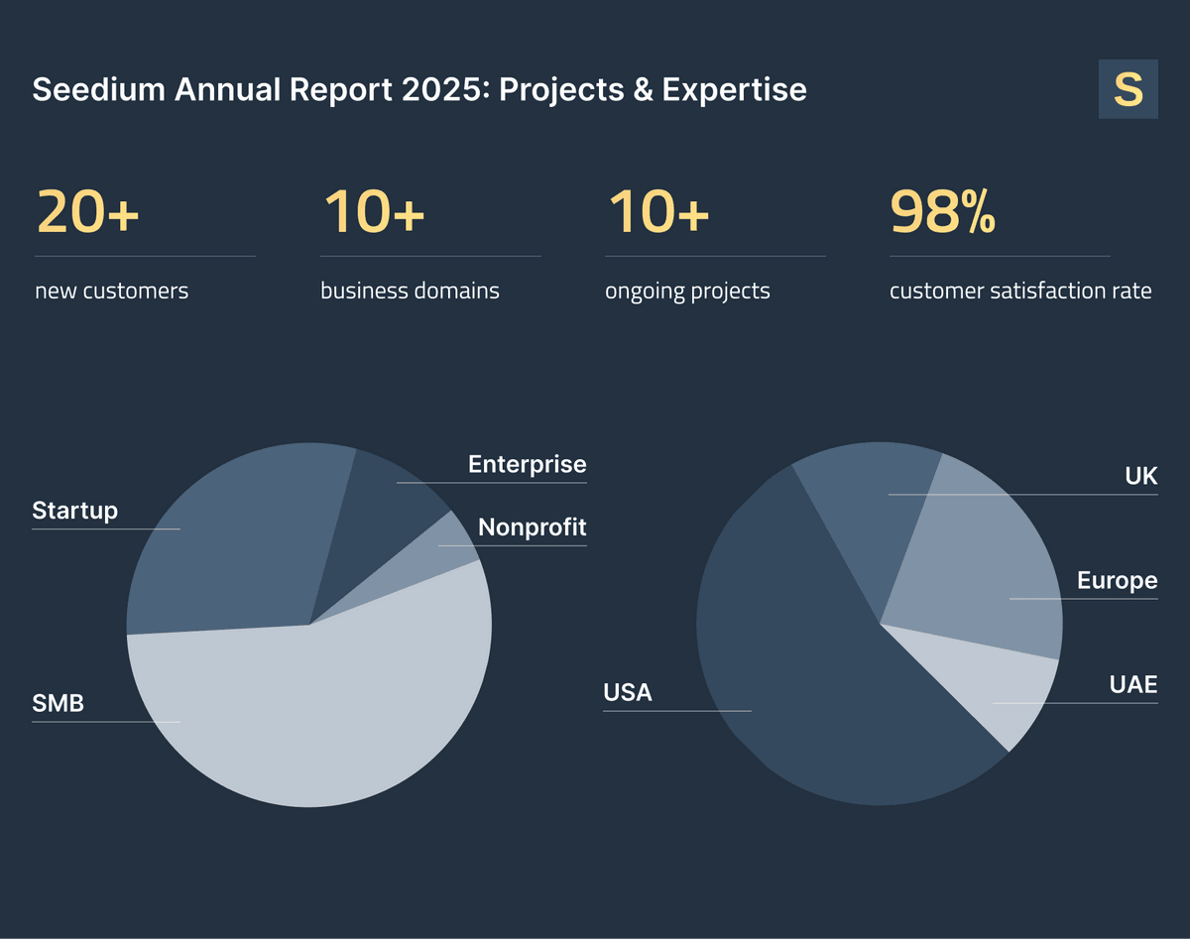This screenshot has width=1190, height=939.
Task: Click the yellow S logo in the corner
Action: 1128,89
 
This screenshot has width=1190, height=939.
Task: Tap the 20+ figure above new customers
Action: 87,212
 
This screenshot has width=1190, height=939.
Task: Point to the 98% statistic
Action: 942,212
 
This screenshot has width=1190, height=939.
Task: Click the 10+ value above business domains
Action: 374,212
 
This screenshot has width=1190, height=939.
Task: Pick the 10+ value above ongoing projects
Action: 657,212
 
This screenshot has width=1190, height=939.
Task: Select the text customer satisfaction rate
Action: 1020,292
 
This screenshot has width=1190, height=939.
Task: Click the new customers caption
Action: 111,292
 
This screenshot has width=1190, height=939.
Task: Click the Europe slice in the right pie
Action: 982,575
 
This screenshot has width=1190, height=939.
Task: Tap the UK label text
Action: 1140,476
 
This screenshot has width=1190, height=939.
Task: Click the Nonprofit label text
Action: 532,528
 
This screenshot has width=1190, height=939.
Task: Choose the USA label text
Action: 628,692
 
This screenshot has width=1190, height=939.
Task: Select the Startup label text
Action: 74,511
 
